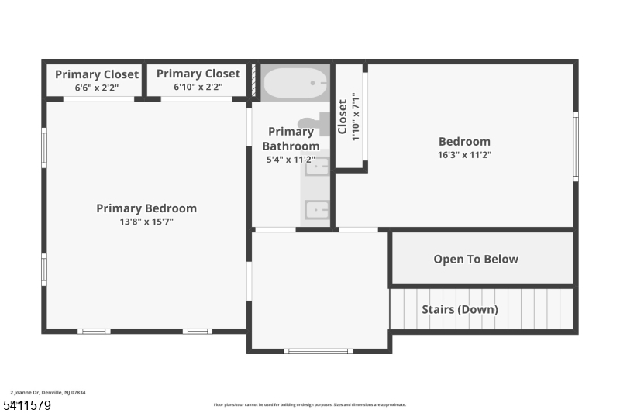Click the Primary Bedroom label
146,208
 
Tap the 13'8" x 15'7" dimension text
146,222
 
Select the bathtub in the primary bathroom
295,82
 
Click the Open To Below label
475,259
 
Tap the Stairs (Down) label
460,309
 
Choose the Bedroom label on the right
464,142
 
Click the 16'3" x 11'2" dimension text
464,155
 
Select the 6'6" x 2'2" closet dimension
97,88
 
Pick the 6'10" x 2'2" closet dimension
198,87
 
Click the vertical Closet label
343,117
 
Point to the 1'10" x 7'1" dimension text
356,117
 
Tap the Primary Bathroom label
291,139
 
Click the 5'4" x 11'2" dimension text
291,160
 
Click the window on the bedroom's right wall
575,146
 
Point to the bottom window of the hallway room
318,351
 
